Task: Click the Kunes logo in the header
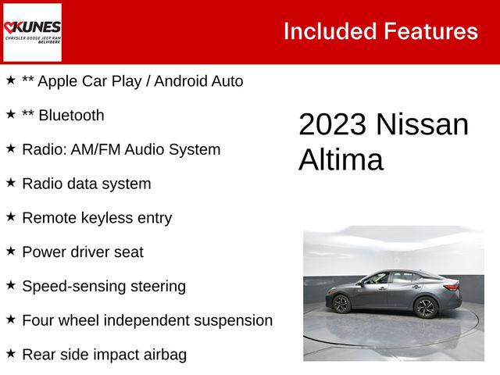coord(32,31)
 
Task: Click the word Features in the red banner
coord(430,31)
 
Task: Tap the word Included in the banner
coord(329,31)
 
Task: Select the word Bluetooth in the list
coord(71,116)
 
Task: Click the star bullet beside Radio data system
coord(11,182)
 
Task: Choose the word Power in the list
coord(44,252)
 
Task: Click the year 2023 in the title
coord(333,125)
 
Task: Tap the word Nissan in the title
coord(423,125)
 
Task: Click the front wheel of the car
coord(341,304)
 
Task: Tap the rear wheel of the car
coord(425,307)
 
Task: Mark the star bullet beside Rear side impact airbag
coord(11,353)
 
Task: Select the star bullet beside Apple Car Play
coord(11,80)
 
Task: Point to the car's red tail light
coord(451,287)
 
